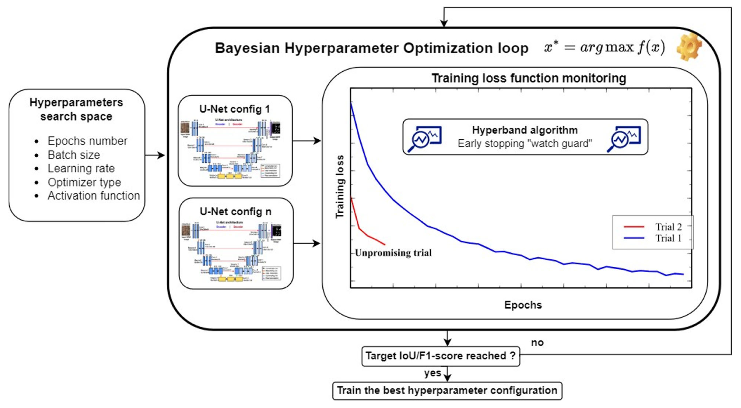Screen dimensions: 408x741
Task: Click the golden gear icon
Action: point(689,47)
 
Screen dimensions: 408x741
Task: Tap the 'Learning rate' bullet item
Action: point(81,168)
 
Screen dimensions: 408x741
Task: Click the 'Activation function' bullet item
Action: point(94,196)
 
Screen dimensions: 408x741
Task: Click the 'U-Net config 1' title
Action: point(235,109)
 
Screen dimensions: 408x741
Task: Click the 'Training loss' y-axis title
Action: point(340,187)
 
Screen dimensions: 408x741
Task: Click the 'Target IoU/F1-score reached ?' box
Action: point(440,356)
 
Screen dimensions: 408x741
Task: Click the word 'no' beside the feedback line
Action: point(537,342)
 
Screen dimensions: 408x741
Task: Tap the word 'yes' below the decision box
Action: point(432,373)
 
